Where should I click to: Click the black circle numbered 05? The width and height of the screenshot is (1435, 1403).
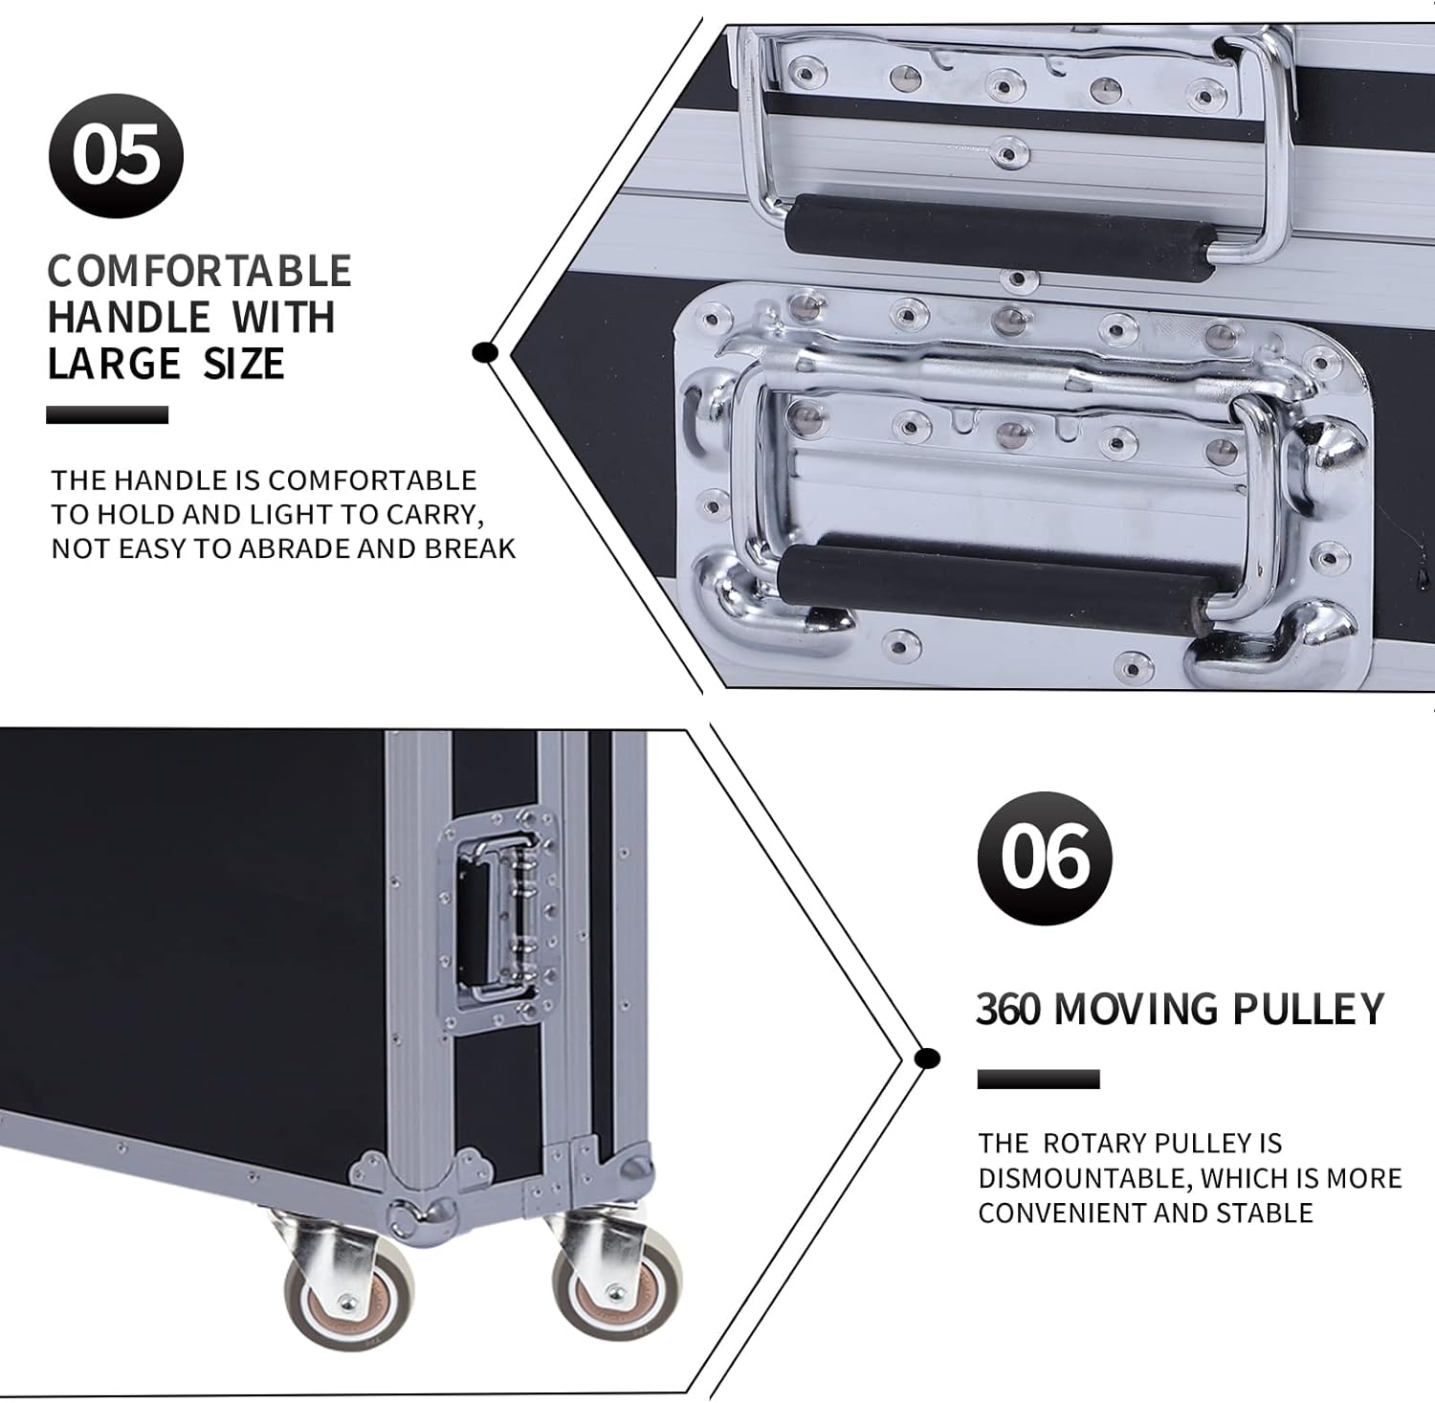(x=116, y=156)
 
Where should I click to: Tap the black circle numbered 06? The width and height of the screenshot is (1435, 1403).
(x=1045, y=857)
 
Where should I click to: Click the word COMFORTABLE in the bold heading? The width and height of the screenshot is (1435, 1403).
(x=200, y=271)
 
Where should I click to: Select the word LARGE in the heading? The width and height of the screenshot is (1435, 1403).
(x=114, y=364)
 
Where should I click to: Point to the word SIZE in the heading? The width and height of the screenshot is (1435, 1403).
(x=244, y=364)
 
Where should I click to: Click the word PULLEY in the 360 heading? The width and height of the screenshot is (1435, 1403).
(x=1308, y=1009)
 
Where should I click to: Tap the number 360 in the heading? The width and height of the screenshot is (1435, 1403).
(x=1007, y=1009)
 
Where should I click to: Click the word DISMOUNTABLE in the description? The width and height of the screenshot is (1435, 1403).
(x=1082, y=1178)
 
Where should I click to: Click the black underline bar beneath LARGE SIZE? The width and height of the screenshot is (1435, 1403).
(x=107, y=414)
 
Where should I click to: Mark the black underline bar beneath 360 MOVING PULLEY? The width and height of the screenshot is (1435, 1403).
(x=1038, y=1080)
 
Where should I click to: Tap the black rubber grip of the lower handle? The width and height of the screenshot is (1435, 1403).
(x=995, y=580)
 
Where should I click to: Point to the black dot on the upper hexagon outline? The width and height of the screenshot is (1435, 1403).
(x=486, y=352)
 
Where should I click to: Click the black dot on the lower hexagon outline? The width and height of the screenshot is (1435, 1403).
(x=925, y=1058)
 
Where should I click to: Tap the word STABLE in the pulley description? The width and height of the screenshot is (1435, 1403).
(x=1264, y=1213)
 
